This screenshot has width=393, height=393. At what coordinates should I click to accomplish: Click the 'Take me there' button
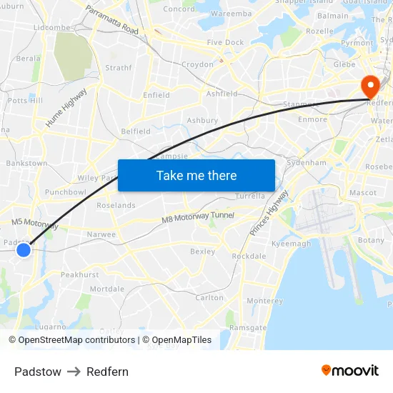pos(196,175)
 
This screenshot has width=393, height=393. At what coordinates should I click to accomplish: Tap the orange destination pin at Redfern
pos(370,87)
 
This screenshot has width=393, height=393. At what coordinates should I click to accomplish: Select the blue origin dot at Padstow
pos(24,249)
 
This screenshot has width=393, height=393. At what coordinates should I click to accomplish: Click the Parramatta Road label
pos(111,21)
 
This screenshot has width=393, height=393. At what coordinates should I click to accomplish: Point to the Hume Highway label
pos(66,108)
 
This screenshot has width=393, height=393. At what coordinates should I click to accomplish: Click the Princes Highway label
pos(269,213)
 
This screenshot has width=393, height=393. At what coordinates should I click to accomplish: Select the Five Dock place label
pos(225,43)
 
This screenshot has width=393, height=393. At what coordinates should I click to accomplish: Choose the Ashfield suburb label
pos(222,94)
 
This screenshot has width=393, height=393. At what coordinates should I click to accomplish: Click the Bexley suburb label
pos(202,252)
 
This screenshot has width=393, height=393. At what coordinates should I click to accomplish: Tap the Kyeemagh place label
pos(292,244)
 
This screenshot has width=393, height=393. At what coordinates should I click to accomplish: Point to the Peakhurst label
pos(80,274)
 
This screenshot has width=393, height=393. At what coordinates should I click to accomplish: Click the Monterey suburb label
pos(264,301)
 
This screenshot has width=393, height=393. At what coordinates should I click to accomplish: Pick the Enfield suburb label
pos(156,95)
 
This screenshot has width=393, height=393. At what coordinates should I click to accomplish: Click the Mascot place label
pos(363,193)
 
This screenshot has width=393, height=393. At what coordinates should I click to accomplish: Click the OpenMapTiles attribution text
pos(176,340)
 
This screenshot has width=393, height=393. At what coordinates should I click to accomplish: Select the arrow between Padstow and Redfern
pos(74,372)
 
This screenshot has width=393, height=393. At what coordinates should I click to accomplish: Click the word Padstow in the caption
pos(38,372)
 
